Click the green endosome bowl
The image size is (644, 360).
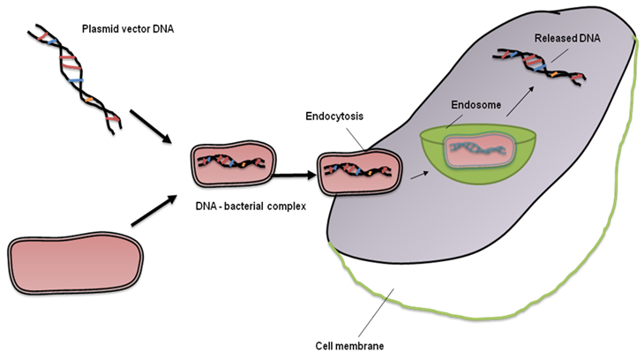(x=467, y=162)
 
